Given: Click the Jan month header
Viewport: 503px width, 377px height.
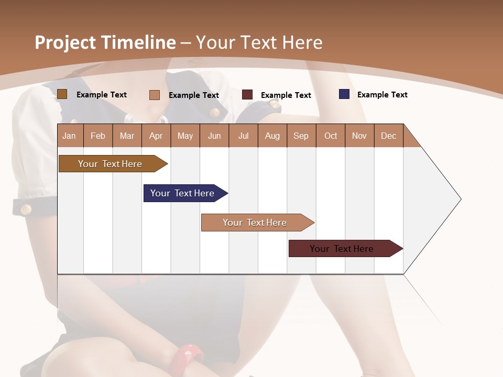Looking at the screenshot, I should (70, 136).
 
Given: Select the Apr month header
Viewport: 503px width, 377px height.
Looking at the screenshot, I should (156, 136).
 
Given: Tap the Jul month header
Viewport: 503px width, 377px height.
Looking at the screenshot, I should (243, 136).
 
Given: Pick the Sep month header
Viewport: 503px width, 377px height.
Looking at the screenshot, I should (301, 136).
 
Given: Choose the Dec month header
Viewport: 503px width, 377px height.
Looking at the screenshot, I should (388, 136).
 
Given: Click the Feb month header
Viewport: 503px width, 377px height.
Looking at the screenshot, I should (98, 136).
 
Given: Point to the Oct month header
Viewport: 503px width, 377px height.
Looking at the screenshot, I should (331, 136).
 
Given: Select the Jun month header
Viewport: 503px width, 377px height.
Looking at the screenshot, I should (214, 136).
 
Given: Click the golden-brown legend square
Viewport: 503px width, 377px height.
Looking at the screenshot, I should (62, 94).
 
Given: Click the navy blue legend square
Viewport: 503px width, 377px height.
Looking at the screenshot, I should (344, 94).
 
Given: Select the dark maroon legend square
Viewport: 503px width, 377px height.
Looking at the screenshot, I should (247, 95).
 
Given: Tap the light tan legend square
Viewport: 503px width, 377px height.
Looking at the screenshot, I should (155, 95).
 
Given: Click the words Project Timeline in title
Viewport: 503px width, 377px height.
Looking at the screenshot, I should (105, 42).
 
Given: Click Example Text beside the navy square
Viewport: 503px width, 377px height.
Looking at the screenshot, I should (382, 95).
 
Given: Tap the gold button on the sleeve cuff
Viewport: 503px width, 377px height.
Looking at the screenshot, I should (26, 209).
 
